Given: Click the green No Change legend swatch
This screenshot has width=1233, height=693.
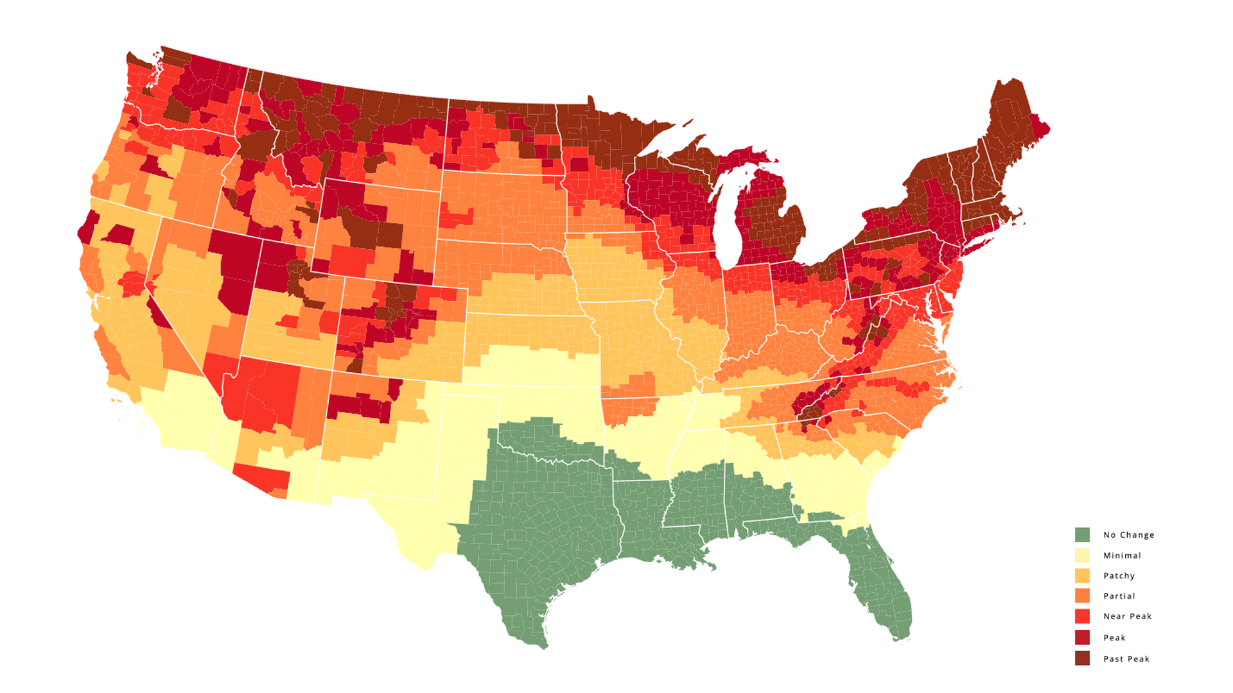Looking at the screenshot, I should (1082, 535).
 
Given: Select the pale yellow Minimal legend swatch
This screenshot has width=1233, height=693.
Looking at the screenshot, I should (1082, 555).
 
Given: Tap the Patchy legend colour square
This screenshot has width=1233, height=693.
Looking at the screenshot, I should (1082, 576).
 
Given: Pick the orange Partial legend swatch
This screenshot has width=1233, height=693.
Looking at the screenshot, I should (1082, 595).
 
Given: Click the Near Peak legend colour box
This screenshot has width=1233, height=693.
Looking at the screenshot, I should (1082, 616).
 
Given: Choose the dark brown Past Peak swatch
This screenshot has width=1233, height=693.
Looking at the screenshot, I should (1082, 658).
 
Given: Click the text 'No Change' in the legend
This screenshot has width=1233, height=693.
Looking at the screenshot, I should (1128, 535).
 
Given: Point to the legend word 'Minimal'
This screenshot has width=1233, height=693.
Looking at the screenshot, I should (1122, 555).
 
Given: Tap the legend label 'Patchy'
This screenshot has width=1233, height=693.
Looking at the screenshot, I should (1119, 576).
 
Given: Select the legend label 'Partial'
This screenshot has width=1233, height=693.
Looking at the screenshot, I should (1119, 595).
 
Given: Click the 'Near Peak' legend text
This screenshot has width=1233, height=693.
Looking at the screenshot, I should (1127, 616).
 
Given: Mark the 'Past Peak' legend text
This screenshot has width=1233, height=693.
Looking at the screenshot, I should (1126, 658).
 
